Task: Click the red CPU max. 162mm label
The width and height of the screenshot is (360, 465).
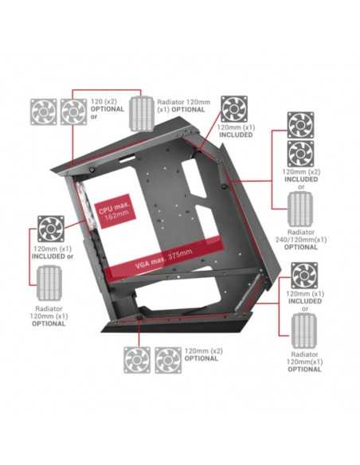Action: click(x=115, y=211)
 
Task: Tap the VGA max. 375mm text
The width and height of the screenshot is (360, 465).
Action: click(x=164, y=258)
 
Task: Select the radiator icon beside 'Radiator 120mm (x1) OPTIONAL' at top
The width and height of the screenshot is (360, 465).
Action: click(x=141, y=114)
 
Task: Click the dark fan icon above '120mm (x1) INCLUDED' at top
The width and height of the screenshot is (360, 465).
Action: click(x=234, y=108)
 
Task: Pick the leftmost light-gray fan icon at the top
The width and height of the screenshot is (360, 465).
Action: click(x=44, y=112)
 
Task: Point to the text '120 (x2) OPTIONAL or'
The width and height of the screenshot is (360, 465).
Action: click(x=108, y=109)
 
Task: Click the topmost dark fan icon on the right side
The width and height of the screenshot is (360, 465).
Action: click(x=301, y=125)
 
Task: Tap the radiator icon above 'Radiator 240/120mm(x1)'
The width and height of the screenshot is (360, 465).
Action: click(x=300, y=209)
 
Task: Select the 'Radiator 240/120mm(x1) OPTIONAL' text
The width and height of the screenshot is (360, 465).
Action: click(x=301, y=240)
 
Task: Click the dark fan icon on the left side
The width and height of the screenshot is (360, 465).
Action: click(x=51, y=229)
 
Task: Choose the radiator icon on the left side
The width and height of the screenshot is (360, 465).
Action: click(x=49, y=283)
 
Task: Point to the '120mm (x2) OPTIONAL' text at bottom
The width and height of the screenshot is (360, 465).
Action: click(x=203, y=354)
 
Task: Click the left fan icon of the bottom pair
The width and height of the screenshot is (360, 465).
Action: click(x=137, y=360)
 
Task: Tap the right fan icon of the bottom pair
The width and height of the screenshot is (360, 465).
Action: click(x=168, y=360)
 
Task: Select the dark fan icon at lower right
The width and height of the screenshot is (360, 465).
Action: click(x=304, y=275)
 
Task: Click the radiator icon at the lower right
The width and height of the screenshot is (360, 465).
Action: click(x=304, y=330)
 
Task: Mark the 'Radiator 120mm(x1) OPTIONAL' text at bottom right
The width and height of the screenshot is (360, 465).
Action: click(x=304, y=361)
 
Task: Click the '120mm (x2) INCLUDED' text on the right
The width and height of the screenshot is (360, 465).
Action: click(x=301, y=175)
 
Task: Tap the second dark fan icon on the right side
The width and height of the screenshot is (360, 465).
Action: click(x=301, y=154)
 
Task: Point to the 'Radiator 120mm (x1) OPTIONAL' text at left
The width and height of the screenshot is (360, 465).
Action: click(x=49, y=316)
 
